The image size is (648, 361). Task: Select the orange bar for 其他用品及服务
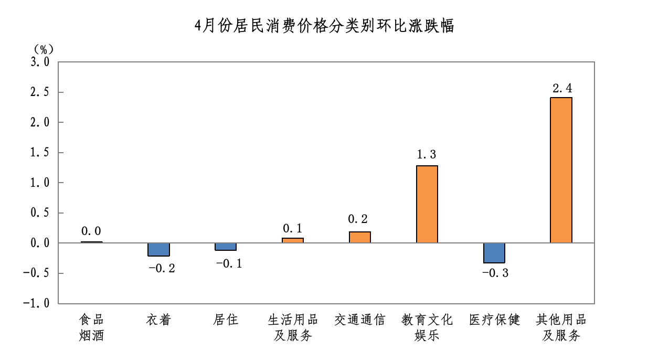(x=561, y=170)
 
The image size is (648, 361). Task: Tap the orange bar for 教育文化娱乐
(x=427, y=204)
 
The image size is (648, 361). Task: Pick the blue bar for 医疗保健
(x=494, y=253)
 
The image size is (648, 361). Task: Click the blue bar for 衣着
(x=158, y=249)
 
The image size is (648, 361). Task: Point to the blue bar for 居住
(x=226, y=247)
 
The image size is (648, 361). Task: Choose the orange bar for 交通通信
(x=360, y=237)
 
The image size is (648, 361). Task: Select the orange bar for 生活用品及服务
(x=293, y=240)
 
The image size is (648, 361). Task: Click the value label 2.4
(x=561, y=88)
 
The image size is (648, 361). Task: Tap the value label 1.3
(x=427, y=155)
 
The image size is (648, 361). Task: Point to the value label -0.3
(x=495, y=273)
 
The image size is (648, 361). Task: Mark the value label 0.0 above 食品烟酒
(x=91, y=231)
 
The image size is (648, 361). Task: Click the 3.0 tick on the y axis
(x=38, y=62)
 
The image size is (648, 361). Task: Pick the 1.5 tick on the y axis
(x=38, y=153)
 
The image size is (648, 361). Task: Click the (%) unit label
(x=44, y=49)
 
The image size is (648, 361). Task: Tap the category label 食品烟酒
(x=91, y=327)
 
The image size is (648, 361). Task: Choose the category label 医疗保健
(x=494, y=320)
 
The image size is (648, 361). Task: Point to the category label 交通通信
(x=360, y=320)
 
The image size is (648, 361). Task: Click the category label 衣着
(x=158, y=320)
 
